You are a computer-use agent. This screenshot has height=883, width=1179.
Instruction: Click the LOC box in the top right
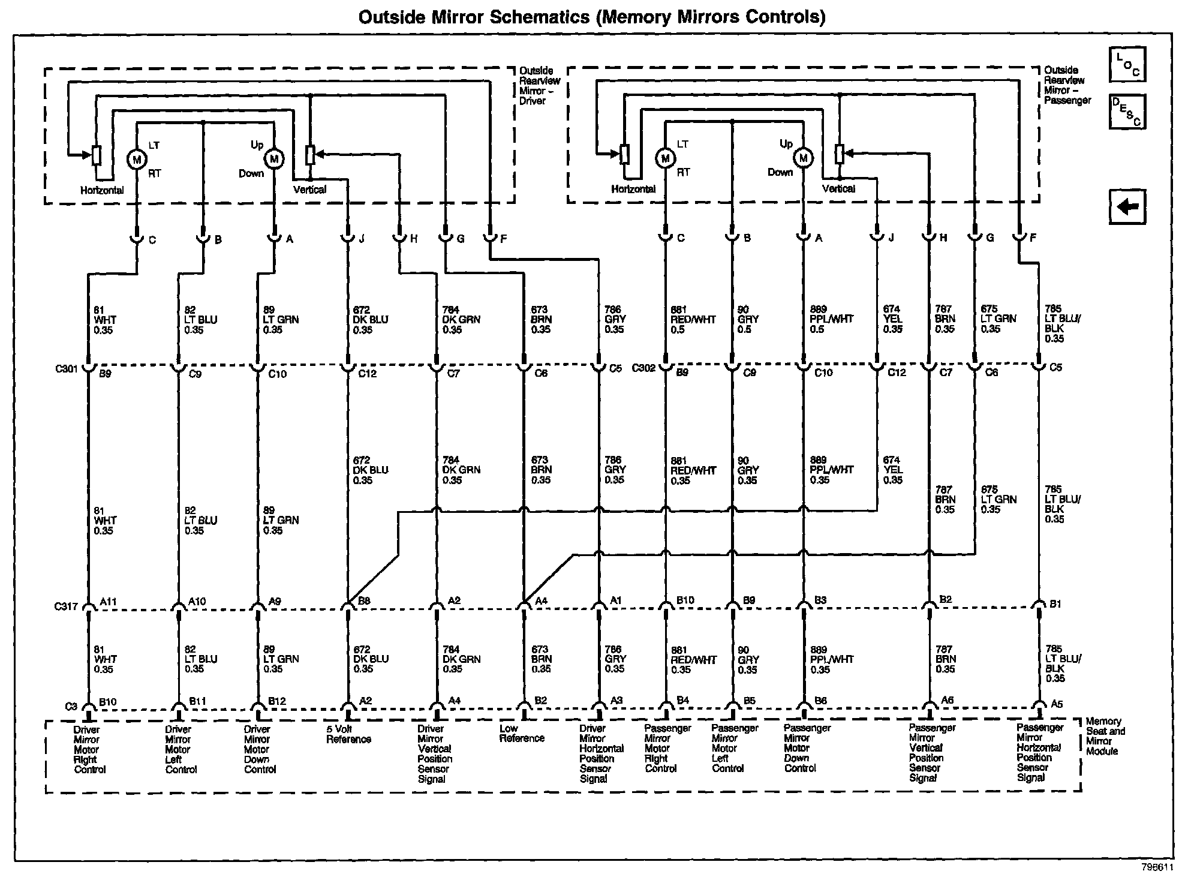(x=1127, y=64)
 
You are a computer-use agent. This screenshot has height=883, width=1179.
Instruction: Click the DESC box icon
(x=1127, y=112)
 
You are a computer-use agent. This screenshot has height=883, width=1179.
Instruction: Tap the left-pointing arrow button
(x=1127, y=207)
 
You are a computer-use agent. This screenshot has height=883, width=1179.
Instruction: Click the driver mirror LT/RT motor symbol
(x=137, y=159)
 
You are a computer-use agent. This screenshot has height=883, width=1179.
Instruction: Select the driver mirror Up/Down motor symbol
(x=274, y=159)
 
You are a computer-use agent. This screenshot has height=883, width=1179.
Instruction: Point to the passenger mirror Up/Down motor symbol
(x=803, y=158)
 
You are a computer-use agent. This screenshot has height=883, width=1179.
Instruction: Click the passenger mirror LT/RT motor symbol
(x=665, y=158)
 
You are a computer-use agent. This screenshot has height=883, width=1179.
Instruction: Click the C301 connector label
(x=67, y=368)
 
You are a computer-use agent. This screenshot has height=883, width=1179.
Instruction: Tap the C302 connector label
(x=643, y=367)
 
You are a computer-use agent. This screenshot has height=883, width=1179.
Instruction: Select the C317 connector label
(x=67, y=606)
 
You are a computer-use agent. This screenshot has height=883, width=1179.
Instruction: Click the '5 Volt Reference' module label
(x=348, y=734)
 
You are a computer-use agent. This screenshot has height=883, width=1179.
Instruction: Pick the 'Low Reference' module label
(x=521, y=733)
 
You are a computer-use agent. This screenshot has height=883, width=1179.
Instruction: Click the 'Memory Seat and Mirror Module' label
(x=1105, y=735)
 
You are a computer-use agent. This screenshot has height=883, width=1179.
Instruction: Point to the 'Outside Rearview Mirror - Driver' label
(x=539, y=86)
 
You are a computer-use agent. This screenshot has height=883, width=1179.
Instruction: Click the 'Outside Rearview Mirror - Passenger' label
(x=1067, y=85)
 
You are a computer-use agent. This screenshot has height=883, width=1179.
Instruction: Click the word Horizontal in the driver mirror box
(x=102, y=190)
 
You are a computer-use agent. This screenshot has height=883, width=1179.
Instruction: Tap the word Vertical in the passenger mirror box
(x=838, y=189)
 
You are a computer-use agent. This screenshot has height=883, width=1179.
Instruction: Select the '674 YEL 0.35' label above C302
(x=892, y=319)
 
